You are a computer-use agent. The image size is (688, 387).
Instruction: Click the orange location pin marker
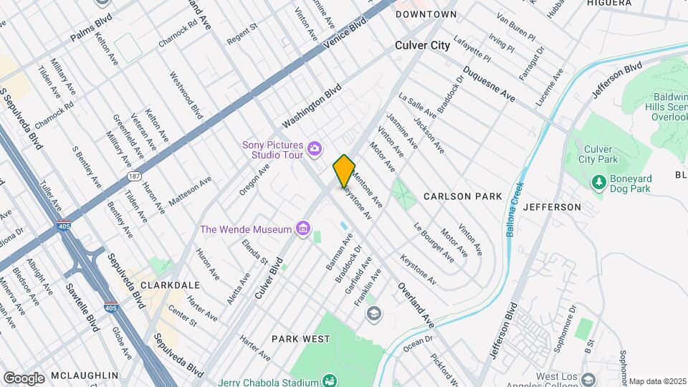344,171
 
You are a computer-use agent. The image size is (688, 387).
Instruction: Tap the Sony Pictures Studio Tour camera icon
314,149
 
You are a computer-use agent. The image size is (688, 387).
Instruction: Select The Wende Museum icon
303,229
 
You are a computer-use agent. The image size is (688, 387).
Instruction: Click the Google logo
24,378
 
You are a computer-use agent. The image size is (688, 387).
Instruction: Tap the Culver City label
423,45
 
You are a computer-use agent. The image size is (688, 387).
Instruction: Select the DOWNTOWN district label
426,14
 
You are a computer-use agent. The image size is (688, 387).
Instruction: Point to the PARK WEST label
300,338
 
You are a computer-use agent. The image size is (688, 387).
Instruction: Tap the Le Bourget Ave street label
434,242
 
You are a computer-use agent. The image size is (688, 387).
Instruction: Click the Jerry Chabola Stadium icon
330,380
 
